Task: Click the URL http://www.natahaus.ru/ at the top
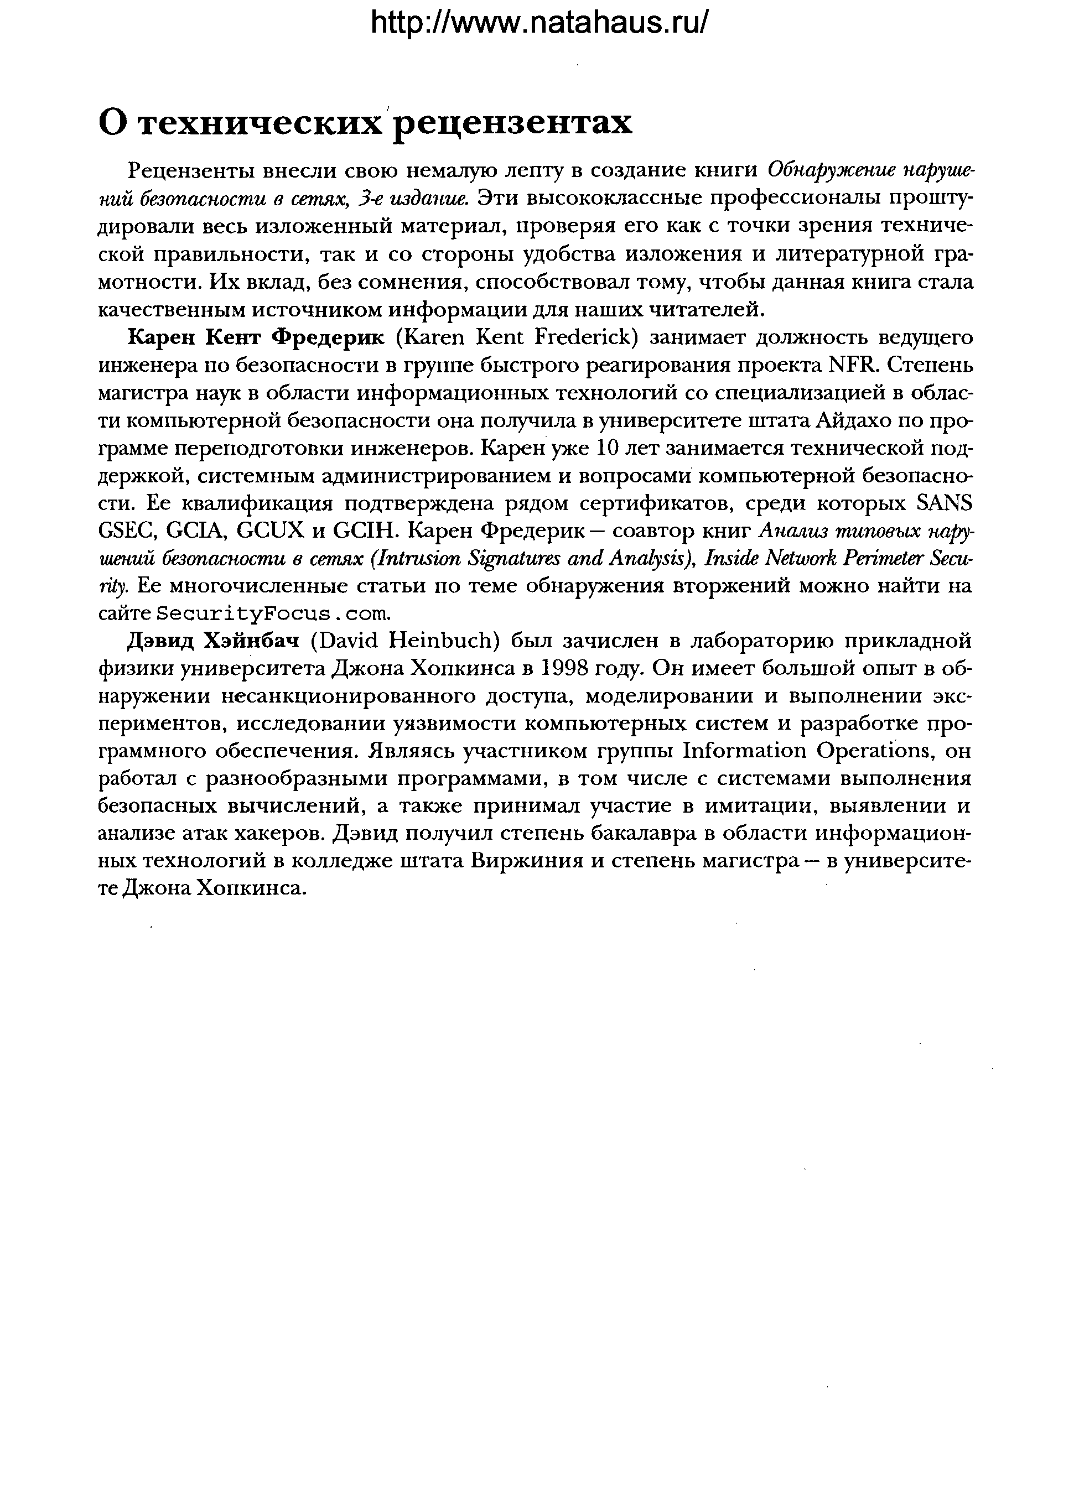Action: pos(539,23)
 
